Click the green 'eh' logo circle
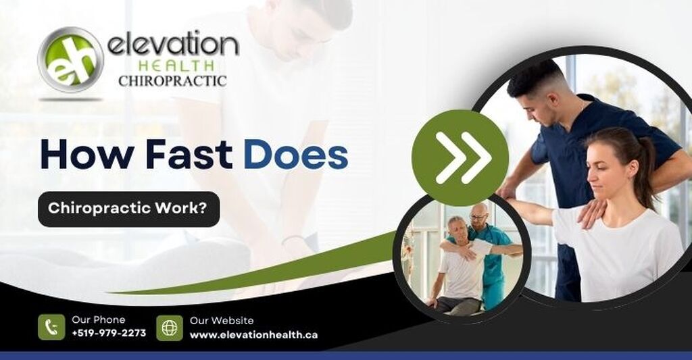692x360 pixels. (x=70, y=59)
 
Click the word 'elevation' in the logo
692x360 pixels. (x=173, y=45)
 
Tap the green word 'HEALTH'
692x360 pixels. (x=176, y=66)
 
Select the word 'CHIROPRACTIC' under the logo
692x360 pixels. (x=172, y=81)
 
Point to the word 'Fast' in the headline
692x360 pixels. (x=189, y=155)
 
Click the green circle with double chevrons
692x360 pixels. (x=460, y=157)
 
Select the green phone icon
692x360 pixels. (x=51, y=328)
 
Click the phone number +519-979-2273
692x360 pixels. (x=109, y=333)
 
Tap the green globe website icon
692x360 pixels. (x=170, y=328)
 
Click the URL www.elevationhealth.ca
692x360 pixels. (x=254, y=335)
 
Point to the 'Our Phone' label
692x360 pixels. (x=99, y=320)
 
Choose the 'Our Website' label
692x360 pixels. (x=222, y=321)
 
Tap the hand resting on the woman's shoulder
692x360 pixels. (x=592, y=213)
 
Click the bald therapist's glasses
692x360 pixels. (x=478, y=217)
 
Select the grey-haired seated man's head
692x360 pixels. (x=457, y=227)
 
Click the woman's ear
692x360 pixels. (x=633, y=169)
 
